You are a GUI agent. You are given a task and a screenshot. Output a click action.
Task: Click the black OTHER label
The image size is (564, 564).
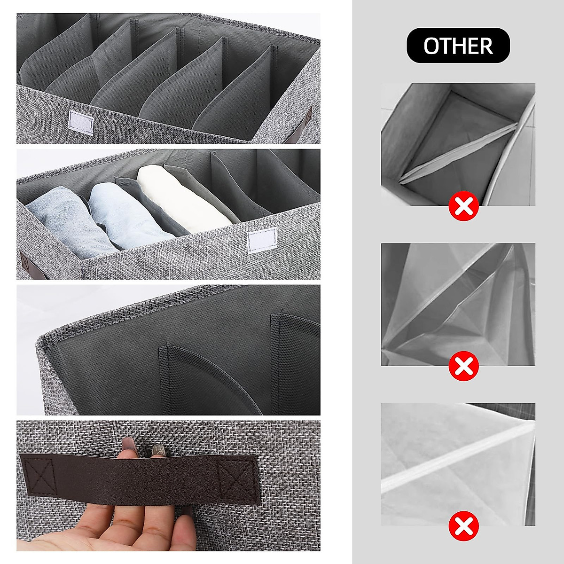click(458, 46)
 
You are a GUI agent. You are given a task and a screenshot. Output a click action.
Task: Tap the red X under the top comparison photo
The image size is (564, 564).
click(463, 206)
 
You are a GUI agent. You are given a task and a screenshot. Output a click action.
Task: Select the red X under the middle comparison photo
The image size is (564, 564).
click(463, 367)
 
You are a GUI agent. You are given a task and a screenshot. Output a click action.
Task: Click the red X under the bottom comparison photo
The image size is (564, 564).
click(463, 526)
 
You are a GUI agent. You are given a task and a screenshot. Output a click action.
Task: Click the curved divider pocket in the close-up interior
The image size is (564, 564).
click(207, 376)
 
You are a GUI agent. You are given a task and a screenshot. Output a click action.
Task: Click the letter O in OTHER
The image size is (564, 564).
click(432, 46)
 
